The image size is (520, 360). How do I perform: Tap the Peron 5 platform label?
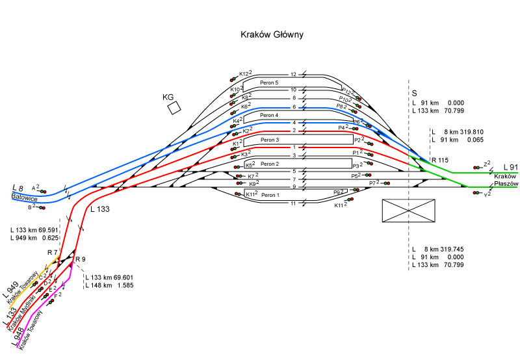pos(268,83)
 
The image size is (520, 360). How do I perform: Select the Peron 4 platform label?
pos(269,115)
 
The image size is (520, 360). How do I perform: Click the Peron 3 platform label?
pos(269,140)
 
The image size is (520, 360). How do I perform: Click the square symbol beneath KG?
pos(174,109)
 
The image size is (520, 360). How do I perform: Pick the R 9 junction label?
pos(81,259)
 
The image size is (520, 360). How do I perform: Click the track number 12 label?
pos(293,75)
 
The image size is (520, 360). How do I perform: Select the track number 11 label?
pos(293,203)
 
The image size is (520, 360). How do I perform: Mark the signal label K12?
pos(244,73)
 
